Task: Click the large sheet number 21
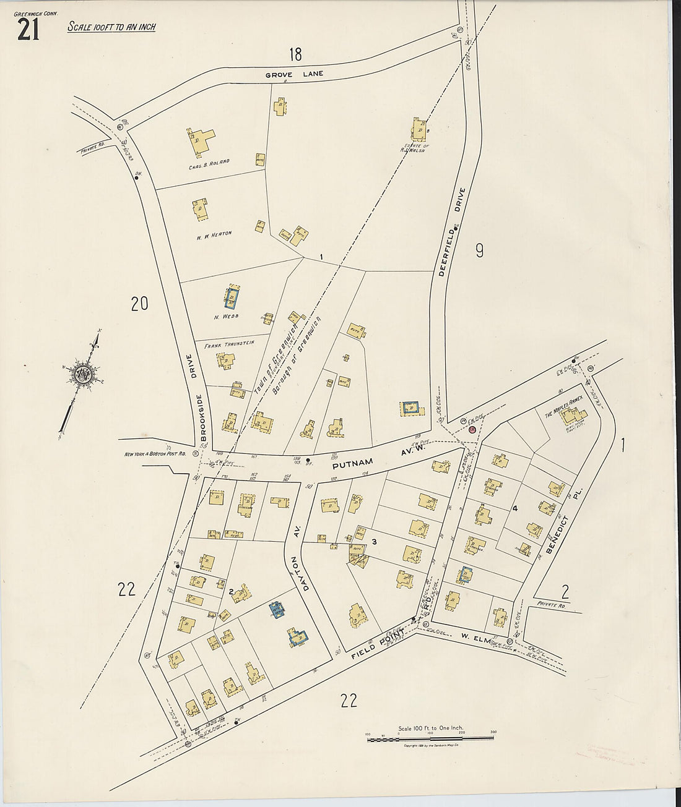(x=28, y=30)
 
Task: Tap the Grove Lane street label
(x=295, y=75)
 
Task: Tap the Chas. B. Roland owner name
(x=210, y=163)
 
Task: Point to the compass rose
(x=82, y=375)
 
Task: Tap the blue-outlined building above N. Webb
(x=232, y=298)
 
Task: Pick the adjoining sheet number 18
(x=295, y=54)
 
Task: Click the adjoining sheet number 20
(x=140, y=303)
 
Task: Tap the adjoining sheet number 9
(x=479, y=250)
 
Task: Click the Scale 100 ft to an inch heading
(x=111, y=27)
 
